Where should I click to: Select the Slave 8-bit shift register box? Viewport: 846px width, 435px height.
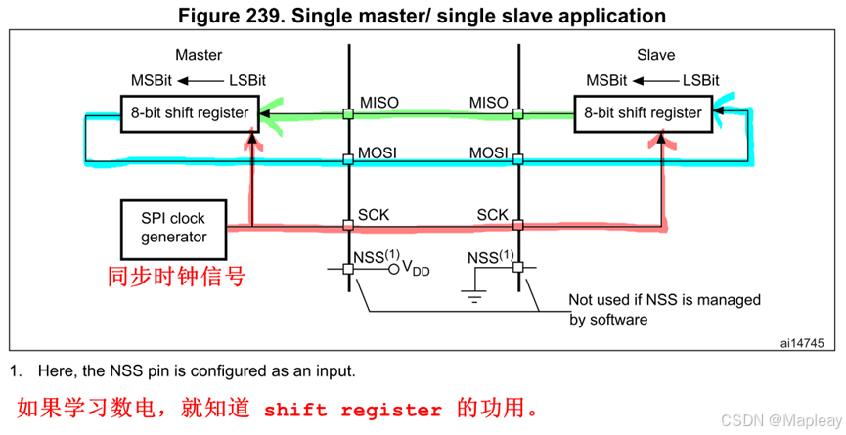pyautogui.click(x=643, y=112)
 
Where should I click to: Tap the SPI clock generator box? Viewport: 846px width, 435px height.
pyautogui.click(x=173, y=226)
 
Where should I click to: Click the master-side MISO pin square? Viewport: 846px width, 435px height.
pyautogui.click(x=348, y=113)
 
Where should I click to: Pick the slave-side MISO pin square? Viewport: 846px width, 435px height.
pyautogui.click(x=518, y=113)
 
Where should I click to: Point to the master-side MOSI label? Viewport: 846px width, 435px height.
pyautogui.click(x=376, y=153)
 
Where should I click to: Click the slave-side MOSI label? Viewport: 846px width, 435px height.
pyautogui.click(x=489, y=153)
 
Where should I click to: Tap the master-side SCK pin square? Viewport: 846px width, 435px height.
pyautogui.click(x=348, y=227)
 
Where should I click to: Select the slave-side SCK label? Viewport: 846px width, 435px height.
pyautogui.click(x=492, y=214)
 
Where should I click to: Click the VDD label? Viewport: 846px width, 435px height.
pyautogui.click(x=417, y=270)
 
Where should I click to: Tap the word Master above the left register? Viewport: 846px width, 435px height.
pyautogui.click(x=199, y=55)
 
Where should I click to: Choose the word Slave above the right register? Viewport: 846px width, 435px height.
pyautogui.click(x=655, y=55)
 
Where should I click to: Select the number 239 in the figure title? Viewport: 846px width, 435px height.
pyautogui.click(x=299, y=16)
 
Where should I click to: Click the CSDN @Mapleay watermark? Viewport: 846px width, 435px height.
pyautogui.click(x=775, y=418)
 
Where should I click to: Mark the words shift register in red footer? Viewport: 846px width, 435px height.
pyautogui.click(x=353, y=410)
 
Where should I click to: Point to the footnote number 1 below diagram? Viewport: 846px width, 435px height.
pyautogui.click(x=15, y=371)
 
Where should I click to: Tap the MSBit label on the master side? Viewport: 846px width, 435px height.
pyautogui.click(x=152, y=80)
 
